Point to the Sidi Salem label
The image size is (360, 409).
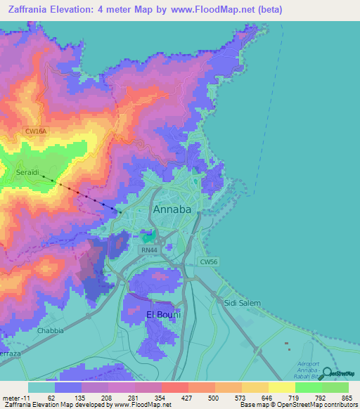point(242,303)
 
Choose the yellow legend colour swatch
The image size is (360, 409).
point(281,387)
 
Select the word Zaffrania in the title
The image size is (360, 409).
point(30,9)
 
